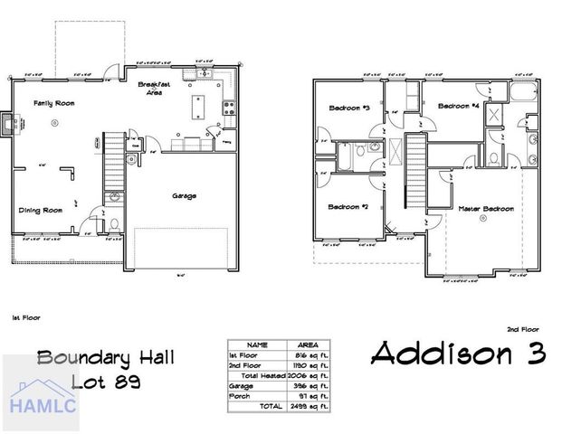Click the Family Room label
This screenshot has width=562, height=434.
click(x=54, y=103)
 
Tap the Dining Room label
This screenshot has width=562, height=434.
click(x=41, y=210)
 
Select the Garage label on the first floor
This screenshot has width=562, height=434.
click(x=184, y=195)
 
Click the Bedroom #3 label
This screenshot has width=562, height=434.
click(x=348, y=108)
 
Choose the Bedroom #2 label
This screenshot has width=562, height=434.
click(x=348, y=207)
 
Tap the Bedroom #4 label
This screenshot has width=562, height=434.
click(x=458, y=107)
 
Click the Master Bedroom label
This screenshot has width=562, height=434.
click(x=484, y=209)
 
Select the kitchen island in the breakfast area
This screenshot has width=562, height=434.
click(x=198, y=106)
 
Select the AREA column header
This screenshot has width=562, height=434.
click(x=307, y=344)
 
